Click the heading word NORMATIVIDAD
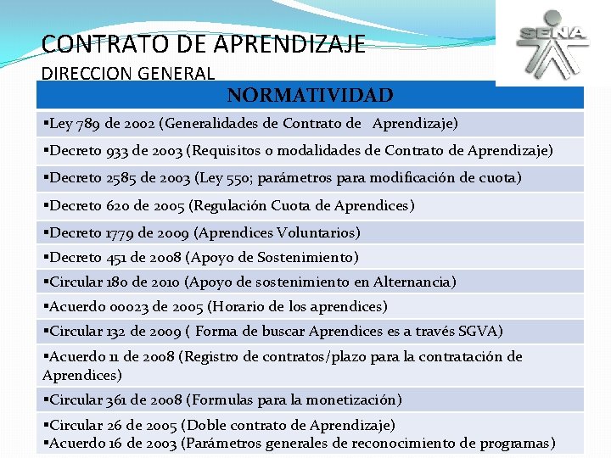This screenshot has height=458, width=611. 310,95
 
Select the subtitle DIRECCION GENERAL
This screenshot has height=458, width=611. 127,74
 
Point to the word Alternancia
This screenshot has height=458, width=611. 411,282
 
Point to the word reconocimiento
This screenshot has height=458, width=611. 436,443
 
